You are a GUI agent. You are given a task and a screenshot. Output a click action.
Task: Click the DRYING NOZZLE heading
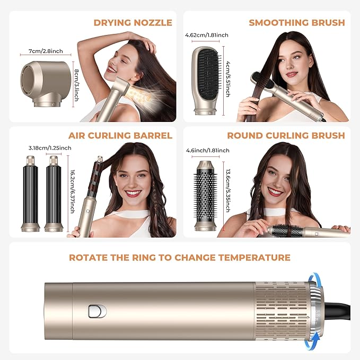pos(133,22)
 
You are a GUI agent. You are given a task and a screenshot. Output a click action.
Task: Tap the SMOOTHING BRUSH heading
pos(296,22)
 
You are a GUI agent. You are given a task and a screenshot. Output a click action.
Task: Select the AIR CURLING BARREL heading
pos(120,136)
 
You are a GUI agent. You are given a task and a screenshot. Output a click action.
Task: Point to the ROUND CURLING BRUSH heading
pos(286,136)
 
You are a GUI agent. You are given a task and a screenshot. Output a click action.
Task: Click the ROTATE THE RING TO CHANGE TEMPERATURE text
pos(180,258)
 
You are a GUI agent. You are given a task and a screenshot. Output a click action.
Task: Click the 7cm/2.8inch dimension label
pos(41,51)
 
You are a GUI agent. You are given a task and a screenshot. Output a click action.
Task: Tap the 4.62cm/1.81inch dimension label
pos(207,36)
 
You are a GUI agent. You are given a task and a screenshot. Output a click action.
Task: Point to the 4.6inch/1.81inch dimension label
pos(207,151)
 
